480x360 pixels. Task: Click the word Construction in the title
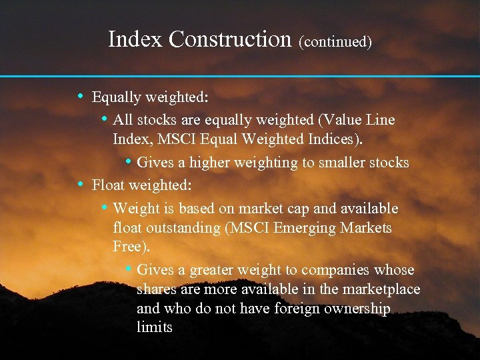pos(230,39)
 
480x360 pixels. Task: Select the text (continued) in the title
pos(335,41)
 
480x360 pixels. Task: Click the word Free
pos(131,247)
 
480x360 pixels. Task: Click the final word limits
pos(155,327)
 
